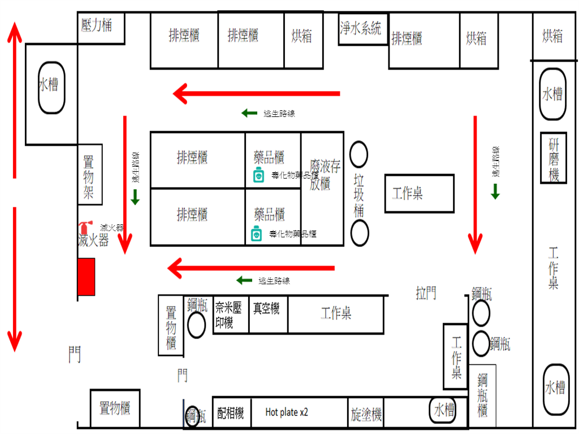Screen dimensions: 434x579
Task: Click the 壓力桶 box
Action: [x=101, y=28]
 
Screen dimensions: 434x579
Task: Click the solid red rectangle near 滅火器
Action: [x=86, y=276]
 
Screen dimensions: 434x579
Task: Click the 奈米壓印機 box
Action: [x=230, y=315]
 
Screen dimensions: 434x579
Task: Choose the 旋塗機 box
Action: [x=366, y=414]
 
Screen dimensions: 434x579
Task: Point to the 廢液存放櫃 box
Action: [x=322, y=188]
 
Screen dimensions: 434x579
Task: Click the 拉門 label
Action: [x=426, y=293]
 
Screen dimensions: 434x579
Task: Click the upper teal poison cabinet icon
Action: [x=258, y=175]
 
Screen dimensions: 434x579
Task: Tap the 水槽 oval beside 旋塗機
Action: [x=443, y=410]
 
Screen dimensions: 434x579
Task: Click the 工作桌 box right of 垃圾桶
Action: [x=419, y=194]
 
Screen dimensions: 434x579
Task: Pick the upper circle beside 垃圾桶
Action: [x=359, y=154]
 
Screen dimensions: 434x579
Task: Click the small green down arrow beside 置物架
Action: [x=135, y=197]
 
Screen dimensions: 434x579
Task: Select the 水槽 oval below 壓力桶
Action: [x=51, y=87]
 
